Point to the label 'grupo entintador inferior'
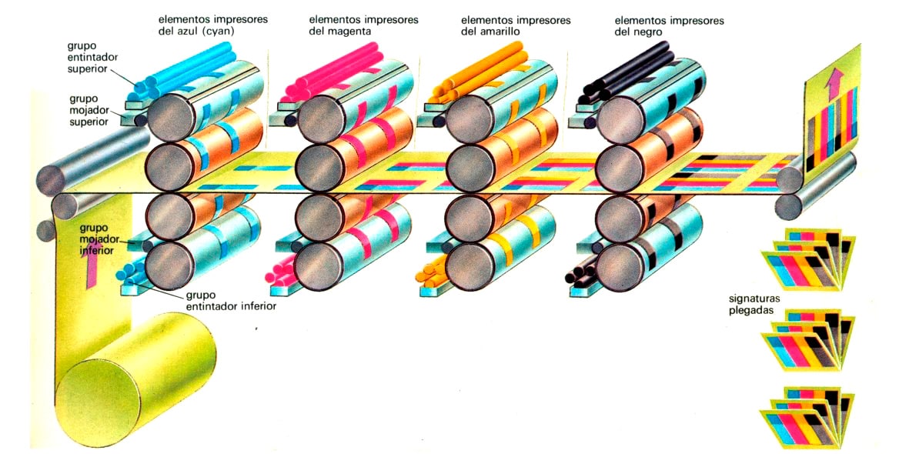coord(230,299)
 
